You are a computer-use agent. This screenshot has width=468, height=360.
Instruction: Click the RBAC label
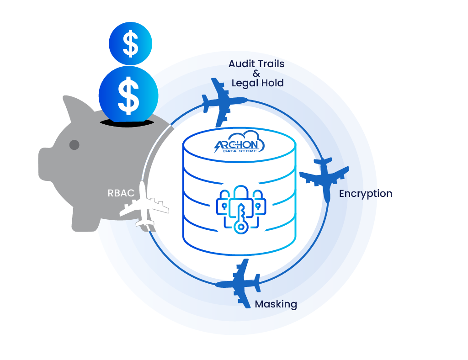(x=121, y=193)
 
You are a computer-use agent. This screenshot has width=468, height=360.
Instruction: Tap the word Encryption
(x=366, y=194)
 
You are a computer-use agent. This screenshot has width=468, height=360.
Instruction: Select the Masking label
(x=276, y=304)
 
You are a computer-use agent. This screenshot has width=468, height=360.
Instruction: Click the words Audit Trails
(x=256, y=64)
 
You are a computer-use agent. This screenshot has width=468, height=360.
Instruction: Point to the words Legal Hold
(x=258, y=83)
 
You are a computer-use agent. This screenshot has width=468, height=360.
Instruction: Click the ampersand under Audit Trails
(x=256, y=74)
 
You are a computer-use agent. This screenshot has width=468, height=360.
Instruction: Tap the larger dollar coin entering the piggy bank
(x=128, y=95)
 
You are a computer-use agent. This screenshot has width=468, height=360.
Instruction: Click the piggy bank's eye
(x=74, y=145)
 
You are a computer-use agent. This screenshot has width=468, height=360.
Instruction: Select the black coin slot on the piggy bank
(x=126, y=122)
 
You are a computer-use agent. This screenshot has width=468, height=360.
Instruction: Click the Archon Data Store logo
(x=239, y=145)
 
